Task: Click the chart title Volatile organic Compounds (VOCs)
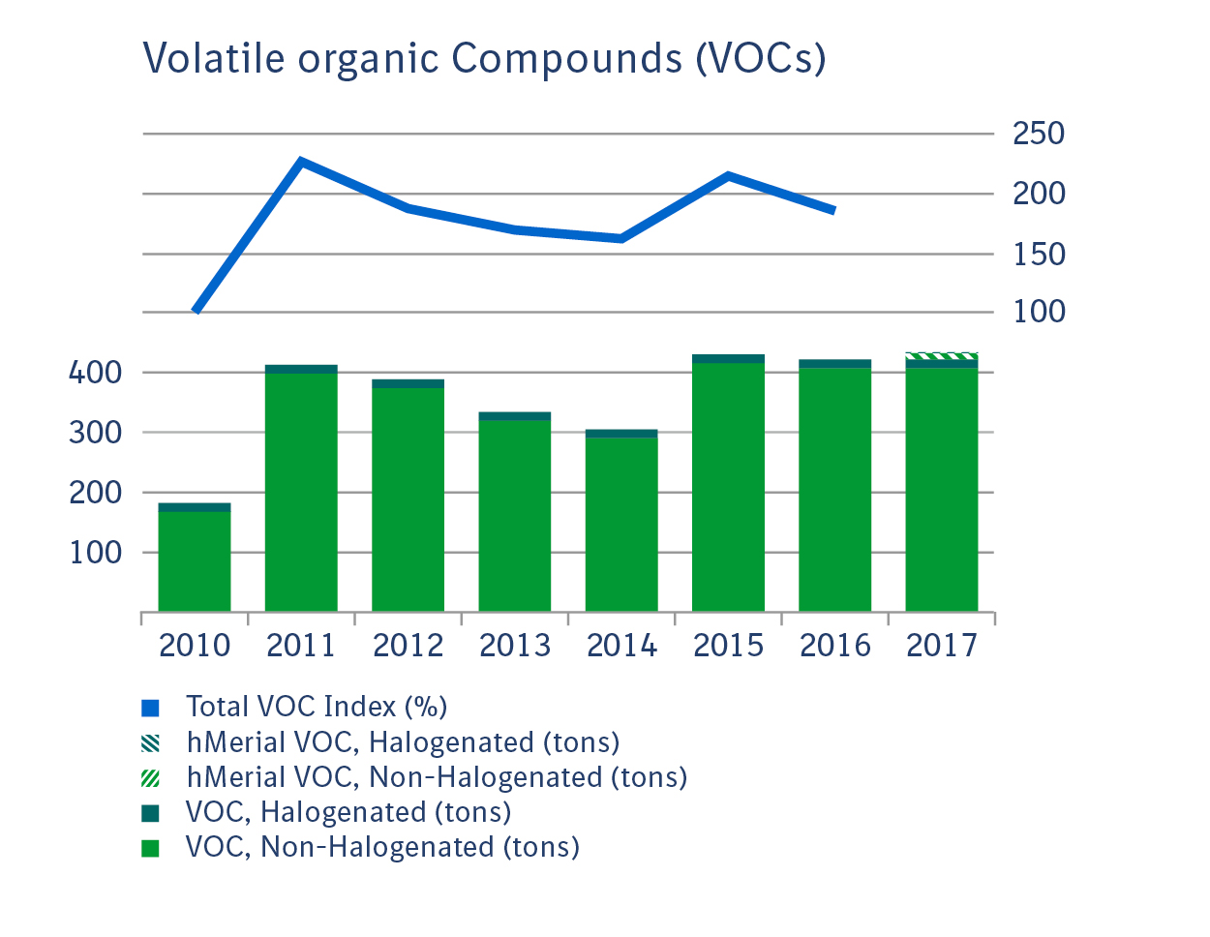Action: (x=484, y=58)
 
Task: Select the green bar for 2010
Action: (x=195, y=561)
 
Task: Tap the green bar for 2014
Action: (x=621, y=523)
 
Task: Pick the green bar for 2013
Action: (x=515, y=513)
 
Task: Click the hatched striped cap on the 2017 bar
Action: (x=941, y=356)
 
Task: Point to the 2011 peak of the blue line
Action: (x=302, y=162)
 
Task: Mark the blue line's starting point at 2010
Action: (x=197, y=311)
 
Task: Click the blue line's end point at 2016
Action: (x=833, y=210)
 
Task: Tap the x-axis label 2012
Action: (x=408, y=646)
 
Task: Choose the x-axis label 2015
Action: (x=728, y=646)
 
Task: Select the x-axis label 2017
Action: (x=941, y=646)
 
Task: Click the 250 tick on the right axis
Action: (x=1038, y=134)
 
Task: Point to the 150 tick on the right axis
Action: (x=1038, y=255)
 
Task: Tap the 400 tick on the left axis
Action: (x=95, y=373)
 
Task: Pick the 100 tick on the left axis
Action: (x=95, y=553)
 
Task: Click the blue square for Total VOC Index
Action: (x=150, y=708)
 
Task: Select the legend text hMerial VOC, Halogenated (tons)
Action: (x=403, y=742)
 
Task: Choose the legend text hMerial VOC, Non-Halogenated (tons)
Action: (x=437, y=777)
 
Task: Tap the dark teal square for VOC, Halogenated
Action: (x=150, y=813)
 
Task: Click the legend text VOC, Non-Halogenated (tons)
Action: (x=382, y=847)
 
